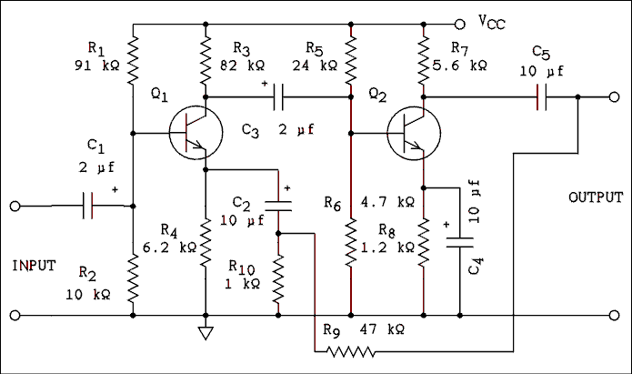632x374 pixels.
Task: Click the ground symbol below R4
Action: (206, 332)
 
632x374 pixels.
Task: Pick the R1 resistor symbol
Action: (133, 59)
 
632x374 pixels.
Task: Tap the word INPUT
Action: (34, 266)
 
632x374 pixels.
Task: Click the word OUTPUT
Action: (596, 197)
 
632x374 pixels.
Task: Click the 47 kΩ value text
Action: (382, 328)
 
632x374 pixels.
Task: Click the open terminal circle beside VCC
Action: (459, 20)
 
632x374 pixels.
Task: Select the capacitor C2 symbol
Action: (278, 204)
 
